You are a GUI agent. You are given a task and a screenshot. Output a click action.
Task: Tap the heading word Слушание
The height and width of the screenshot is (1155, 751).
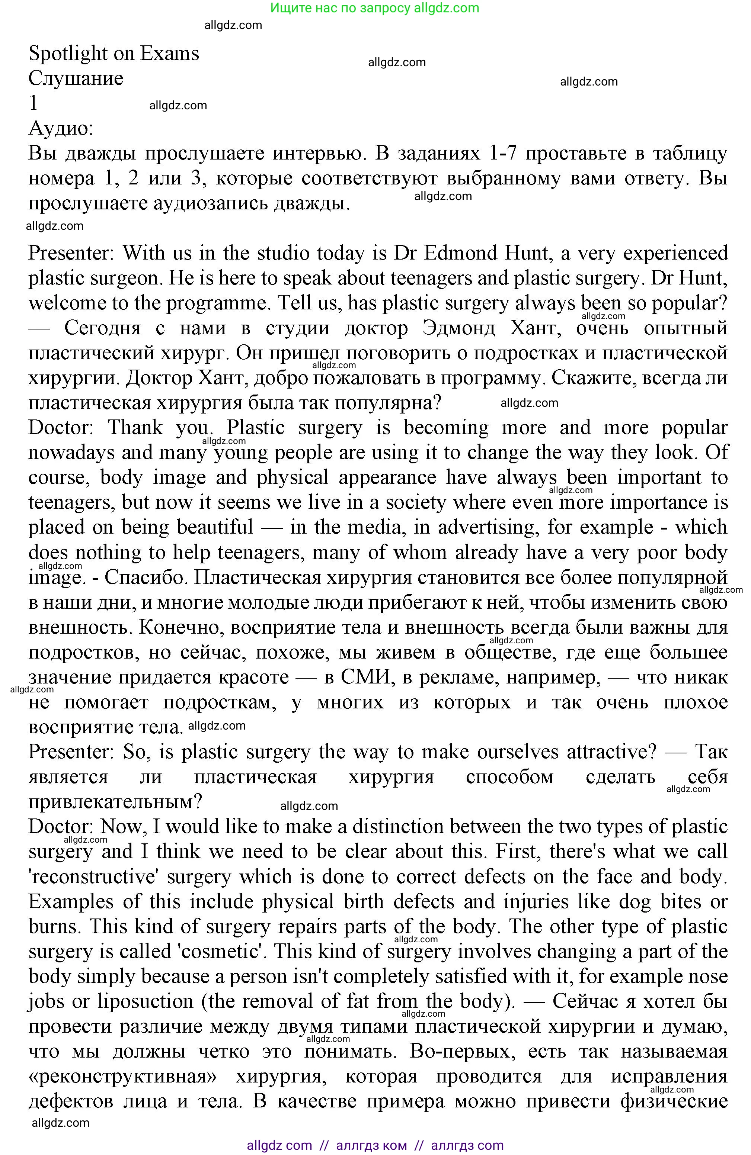76,78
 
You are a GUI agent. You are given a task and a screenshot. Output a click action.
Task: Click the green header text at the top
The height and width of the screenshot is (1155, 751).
374,8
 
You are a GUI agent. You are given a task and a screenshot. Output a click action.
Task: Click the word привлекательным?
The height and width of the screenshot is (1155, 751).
115,802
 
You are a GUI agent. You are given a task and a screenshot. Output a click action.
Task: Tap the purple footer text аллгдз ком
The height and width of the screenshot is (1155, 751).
372,1146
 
